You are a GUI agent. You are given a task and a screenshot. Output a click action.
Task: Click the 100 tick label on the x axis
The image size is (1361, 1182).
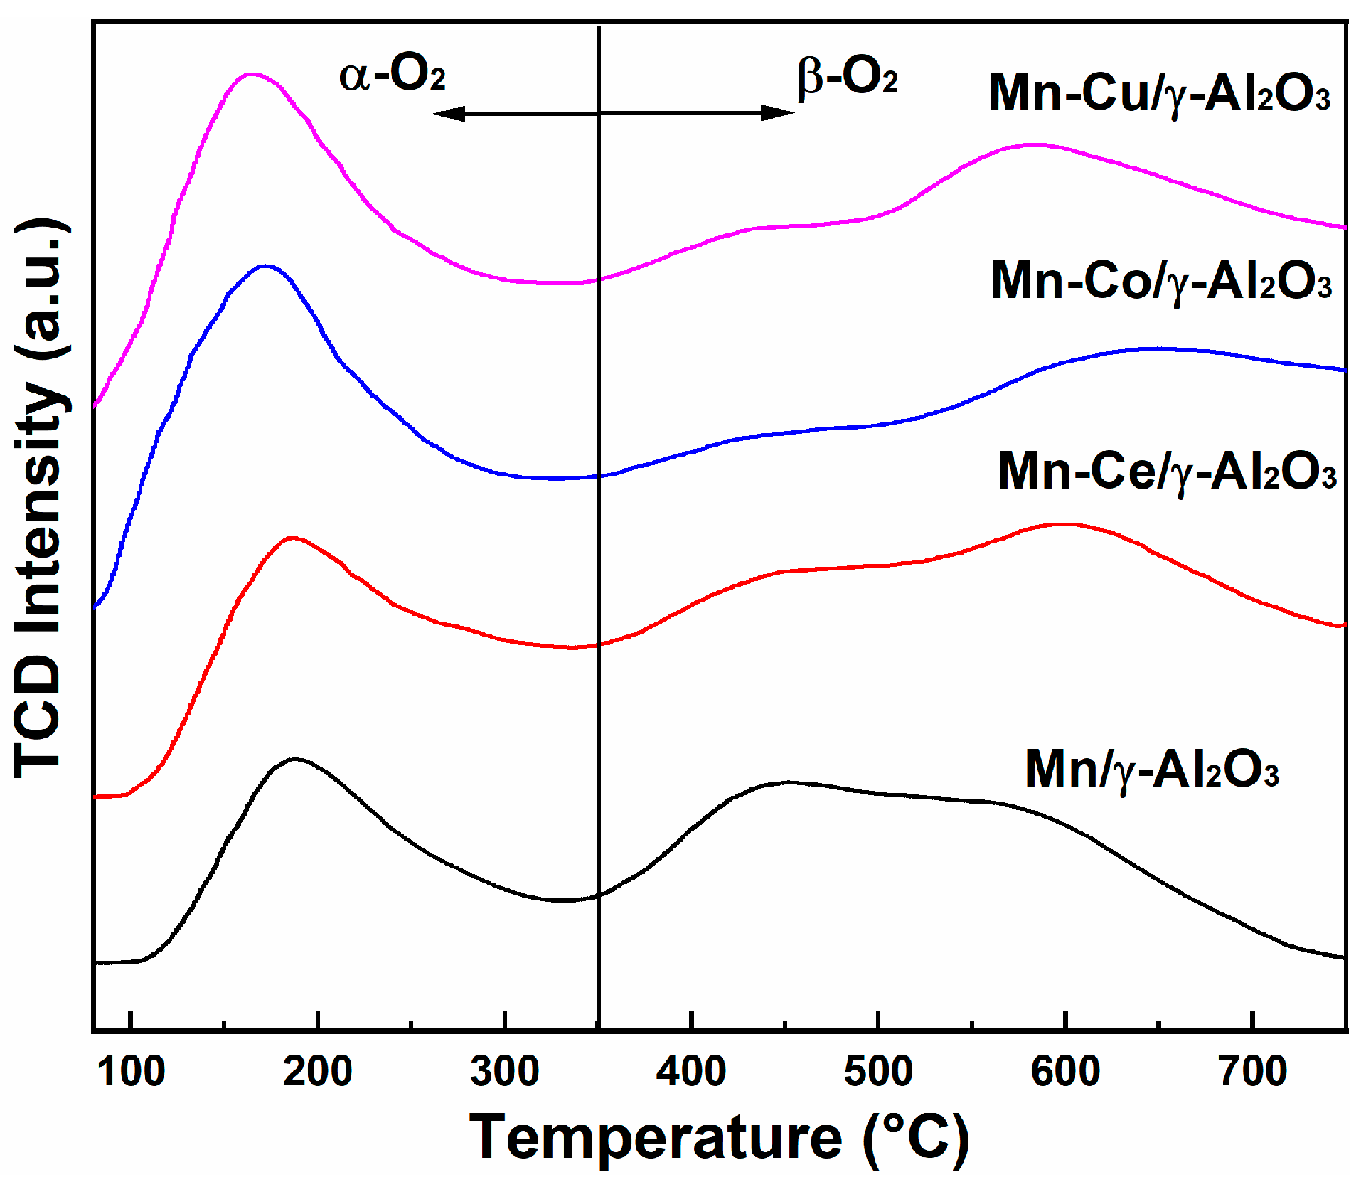[x=131, y=1071]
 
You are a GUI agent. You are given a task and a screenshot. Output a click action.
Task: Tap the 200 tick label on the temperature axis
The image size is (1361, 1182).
[x=317, y=1071]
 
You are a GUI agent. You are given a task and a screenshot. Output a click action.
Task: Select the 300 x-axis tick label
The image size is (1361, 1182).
[x=504, y=1071]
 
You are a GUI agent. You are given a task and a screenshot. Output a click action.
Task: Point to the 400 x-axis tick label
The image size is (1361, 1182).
[x=691, y=1071]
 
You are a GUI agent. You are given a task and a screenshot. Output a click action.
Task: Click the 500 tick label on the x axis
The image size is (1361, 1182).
[x=878, y=1071]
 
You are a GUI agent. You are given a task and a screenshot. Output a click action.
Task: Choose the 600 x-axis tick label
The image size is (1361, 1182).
[x=1065, y=1071]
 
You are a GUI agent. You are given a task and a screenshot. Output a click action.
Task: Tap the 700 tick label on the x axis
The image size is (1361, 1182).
[x=1253, y=1071]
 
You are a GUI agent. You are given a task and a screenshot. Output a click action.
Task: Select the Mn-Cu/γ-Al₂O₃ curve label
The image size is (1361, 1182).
[x=1159, y=94]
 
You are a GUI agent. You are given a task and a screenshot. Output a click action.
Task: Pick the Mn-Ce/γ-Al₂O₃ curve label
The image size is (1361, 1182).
[x=1166, y=472]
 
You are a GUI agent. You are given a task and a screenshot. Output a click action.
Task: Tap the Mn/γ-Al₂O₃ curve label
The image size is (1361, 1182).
[x=1151, y=770]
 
